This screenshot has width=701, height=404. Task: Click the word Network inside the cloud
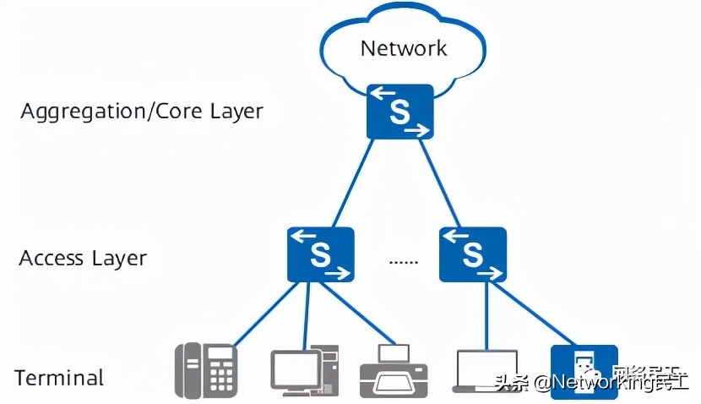click(403, 47)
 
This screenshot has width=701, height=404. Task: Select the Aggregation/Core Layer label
click(142, 112)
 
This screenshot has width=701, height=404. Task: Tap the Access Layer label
click(83, 258)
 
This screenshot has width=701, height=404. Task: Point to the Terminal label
click(59, 378)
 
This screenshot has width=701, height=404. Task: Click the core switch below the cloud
click(399, 112)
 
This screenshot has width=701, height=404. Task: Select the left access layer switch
click(320, 254)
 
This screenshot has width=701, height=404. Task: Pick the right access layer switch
click(473, 254)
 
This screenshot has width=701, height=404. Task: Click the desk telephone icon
click(206, 370)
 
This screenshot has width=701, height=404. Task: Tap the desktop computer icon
click(305, 371)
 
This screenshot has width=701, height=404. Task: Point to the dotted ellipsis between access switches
click(403, 261)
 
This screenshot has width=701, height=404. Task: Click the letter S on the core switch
click(399, 113)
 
